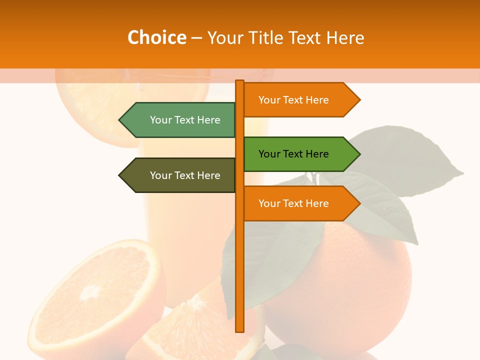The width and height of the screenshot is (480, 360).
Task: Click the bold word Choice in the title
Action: (156, 37)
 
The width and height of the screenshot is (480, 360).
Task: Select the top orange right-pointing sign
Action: (295, 100)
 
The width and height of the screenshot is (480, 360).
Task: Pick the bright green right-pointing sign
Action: (295, 154)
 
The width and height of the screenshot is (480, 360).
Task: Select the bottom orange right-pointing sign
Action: (295, 203)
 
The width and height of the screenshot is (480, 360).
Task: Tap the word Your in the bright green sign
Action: (269, 154)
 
